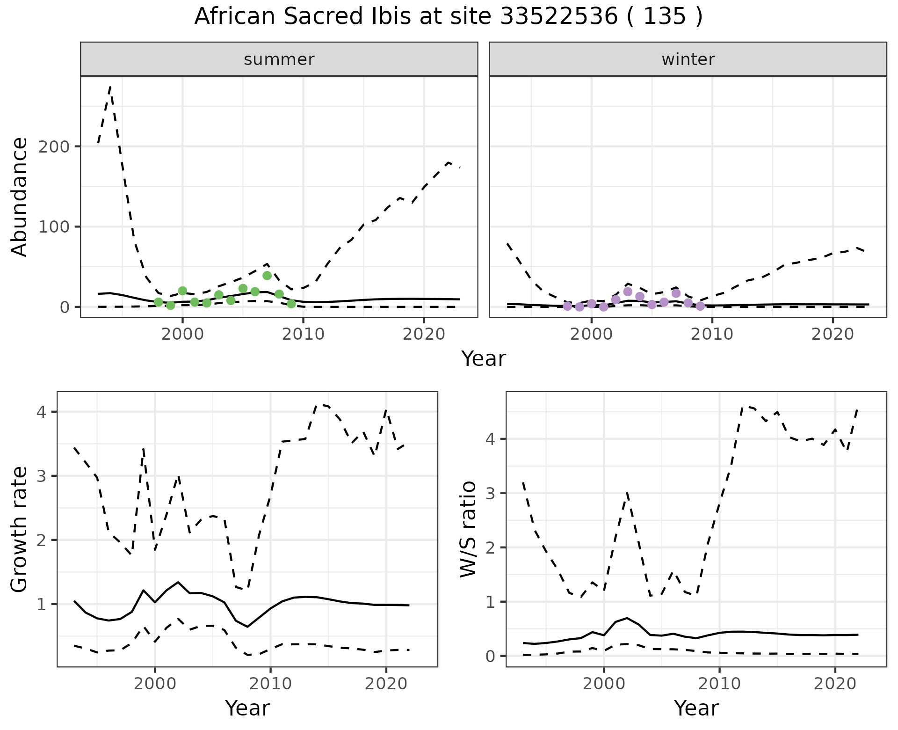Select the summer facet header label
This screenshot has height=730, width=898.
click(x=279, y=59)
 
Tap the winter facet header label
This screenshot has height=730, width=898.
click(x=688, y=59)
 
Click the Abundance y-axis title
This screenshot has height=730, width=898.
click(x=19, y=197)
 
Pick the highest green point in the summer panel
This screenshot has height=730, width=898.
click(x=267, y=276)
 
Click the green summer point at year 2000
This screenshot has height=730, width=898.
click(x=182, y=291)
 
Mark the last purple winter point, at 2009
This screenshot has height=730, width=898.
click(x=700, y=306)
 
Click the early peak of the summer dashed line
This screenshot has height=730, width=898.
click(x=110, y=87)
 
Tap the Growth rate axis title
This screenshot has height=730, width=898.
click(x=19, y=530)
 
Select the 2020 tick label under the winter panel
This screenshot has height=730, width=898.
click(x=833, y=335)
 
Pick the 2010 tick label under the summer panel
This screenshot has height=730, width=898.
click(x=303, y=335)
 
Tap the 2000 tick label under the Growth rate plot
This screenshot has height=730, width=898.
click(x=155, y=684)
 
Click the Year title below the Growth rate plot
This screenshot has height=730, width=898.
click(x=247, y=708)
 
